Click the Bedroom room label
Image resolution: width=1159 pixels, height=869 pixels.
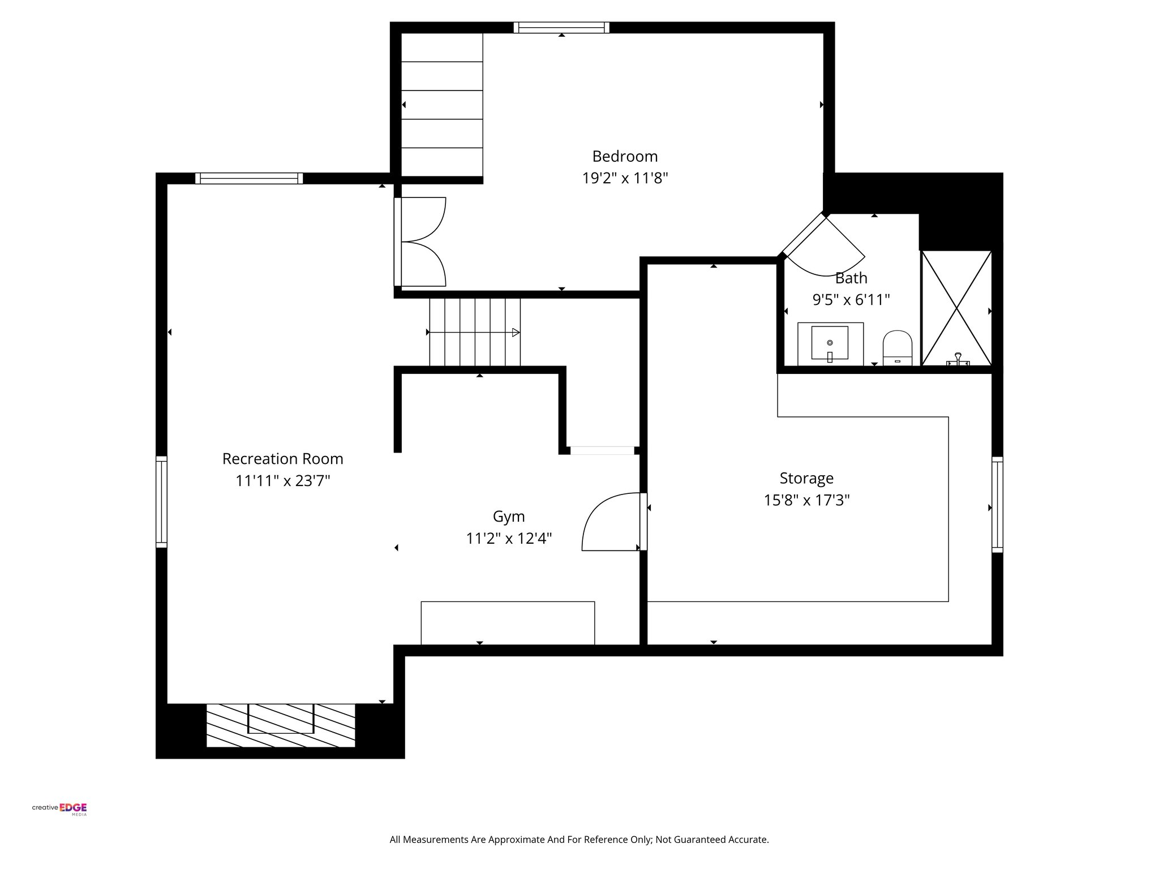pyautogui.click(x=625, y=156)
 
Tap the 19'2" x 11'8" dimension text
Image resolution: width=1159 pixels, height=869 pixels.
pyautogui.click(x=625, y=179)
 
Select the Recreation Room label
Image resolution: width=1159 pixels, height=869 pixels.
pyautogui.click(x=282, y=458)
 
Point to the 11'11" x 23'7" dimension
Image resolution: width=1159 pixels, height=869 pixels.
pyautogui.click(x=282, y=481)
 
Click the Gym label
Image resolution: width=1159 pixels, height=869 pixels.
pyautogui.click(x=508, y=517)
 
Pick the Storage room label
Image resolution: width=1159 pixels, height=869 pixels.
pyautogui.click(x=806, y=478)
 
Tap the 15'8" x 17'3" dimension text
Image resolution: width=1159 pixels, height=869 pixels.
pyautogui.click(x=806, y=500)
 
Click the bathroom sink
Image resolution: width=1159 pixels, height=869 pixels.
pyautogui.click(x=830, y=343)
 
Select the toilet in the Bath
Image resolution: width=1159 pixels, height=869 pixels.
pyautogui.click(x=898, y=348)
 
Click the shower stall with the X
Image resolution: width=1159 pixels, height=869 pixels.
pyautogui.click(x=956, y=308)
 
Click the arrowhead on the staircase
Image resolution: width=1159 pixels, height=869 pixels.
pyautogui.click(x=516, y=333)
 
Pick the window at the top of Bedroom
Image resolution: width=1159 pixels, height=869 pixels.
pyautogui.click(x=561, y=27)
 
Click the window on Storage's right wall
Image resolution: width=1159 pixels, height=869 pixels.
pyautogui.click(x=997, y=505)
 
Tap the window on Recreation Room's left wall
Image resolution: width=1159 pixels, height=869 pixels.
pyautogui.click(x=161, y=502)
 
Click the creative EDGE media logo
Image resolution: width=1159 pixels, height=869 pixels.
pyautogui.click(x=59, y=809)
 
